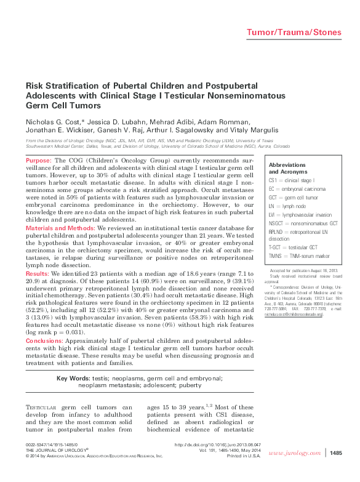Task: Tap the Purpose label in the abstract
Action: click(38, 160)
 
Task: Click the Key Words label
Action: click(73, 377)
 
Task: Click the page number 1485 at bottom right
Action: click(335, 454)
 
